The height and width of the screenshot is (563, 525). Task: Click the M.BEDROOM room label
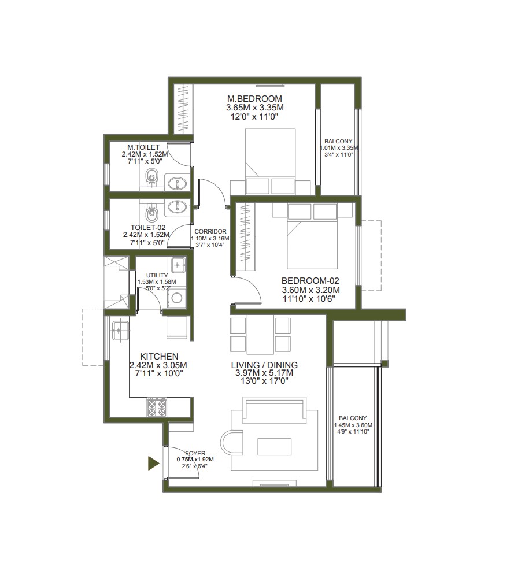pos(254,98)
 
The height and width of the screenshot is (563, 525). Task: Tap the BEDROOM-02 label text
pos(310,280)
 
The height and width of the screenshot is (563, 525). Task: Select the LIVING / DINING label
pos(264,365)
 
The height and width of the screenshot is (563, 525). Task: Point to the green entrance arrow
pos(153,463)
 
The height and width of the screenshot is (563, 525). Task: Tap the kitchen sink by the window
pos(118,330)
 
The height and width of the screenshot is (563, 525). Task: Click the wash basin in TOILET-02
pos(176,206)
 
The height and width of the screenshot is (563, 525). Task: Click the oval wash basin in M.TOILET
pos(176,184)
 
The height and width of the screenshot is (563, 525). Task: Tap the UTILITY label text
pos(157,275)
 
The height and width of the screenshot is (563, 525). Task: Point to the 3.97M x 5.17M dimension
pos(264,373)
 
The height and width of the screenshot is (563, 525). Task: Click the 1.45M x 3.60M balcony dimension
pos(352,425)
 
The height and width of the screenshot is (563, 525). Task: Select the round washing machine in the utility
pos(177,298)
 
